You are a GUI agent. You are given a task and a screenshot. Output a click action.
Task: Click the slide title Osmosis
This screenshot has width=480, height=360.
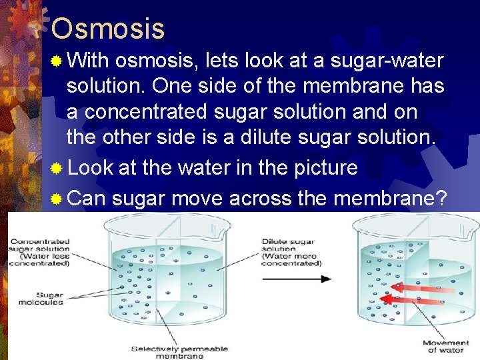click(x=107, y=29)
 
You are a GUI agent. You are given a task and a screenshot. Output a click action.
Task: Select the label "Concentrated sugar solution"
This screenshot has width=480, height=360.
click(x=39, y=251)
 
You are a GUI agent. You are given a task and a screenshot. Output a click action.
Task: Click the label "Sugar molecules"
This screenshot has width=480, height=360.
click(x=41, y=298)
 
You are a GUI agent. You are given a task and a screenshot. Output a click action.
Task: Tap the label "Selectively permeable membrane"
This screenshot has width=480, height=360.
click(x=167, y=352)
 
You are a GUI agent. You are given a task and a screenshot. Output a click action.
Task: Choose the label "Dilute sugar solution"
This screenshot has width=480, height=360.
click(x=291, y=252)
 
